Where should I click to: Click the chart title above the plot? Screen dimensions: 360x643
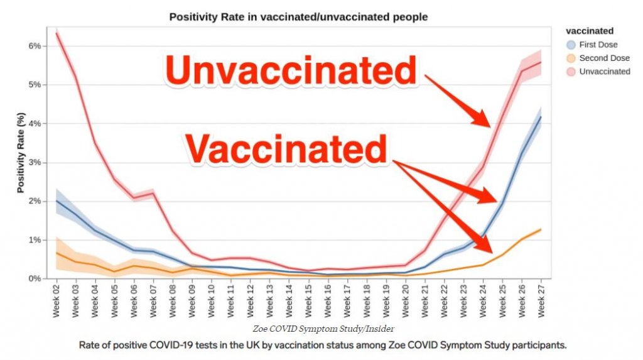(x=298, y=17)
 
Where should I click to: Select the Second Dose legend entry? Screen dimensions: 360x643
(x=602, y=58)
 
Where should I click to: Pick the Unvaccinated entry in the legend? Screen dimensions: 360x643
(x=604, y=72)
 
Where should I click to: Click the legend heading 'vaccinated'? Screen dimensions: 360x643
(x=590, y=31)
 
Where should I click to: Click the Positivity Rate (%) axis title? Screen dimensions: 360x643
(x=20, y=153)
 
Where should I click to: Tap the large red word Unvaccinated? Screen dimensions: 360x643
(x=291, y=70)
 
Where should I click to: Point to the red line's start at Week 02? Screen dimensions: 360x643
(x=57, y=33)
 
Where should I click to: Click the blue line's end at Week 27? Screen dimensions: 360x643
(x=540, y=117)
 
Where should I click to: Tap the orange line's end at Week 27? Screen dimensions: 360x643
(x=540, y=230)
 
